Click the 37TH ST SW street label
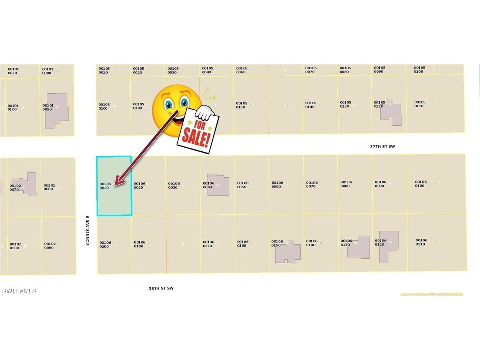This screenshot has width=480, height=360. [382, 146]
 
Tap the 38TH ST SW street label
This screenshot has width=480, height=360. [161, 288]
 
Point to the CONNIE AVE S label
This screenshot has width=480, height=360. [88, 230]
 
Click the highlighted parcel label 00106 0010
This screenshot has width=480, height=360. [105, 186]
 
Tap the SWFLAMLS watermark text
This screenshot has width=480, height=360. [19, 291]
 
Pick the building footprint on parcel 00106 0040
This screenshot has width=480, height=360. [218, 185]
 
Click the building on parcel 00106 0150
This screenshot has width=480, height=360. [288, 252]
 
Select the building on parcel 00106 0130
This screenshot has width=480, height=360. [359, 247]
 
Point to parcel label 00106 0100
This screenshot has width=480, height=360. [421, 184]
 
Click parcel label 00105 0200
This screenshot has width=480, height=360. [104, 107]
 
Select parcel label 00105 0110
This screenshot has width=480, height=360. [420, 104]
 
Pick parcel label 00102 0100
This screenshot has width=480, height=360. [15, 246]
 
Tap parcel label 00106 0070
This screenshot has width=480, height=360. [312, 185]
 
